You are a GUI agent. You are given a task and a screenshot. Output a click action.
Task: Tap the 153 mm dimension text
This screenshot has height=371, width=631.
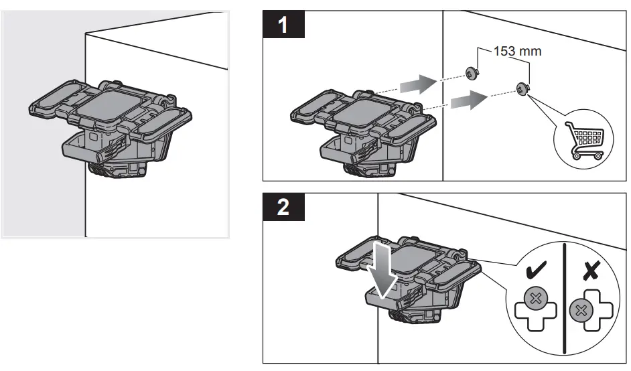[x=516, y=52]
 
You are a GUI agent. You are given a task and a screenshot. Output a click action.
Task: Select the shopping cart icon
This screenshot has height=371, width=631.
[x=581, y=139]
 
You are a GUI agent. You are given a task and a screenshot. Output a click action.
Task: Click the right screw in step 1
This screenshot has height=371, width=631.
[x=522, y=87]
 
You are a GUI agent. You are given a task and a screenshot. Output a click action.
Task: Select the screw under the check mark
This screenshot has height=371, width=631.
[x=535, y=298]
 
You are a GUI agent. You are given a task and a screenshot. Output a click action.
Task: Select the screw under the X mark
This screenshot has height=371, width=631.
[x=580, y=310]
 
